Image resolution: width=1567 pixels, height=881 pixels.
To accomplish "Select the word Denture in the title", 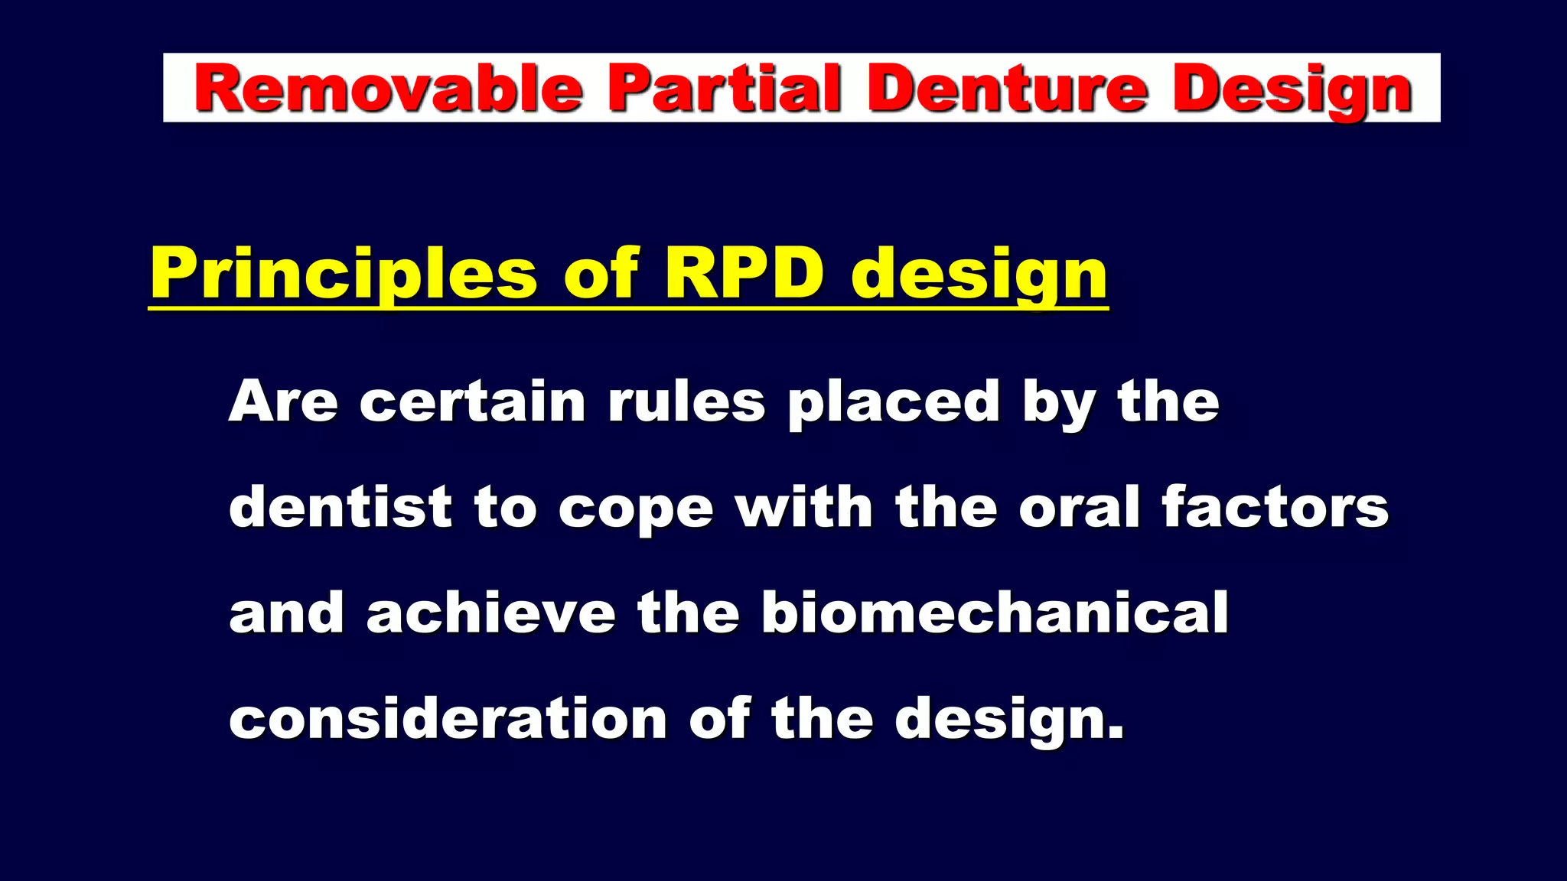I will [1007, 89].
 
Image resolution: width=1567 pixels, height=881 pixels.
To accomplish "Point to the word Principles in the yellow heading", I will [344, 275].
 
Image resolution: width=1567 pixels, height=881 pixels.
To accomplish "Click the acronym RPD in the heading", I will [744, 273].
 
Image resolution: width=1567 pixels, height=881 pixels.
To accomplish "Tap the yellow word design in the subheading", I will [979, 275].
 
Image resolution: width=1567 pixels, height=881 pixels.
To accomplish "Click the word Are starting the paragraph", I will [283, 401].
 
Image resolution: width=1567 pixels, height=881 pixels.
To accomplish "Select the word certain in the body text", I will [473, 401].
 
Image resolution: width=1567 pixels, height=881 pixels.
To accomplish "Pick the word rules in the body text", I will [686, 401].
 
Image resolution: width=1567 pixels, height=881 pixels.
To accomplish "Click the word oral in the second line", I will [1080, 507].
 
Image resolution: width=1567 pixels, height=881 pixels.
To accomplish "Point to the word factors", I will [1275, 507].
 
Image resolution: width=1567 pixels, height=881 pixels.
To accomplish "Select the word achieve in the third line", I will [491, 613].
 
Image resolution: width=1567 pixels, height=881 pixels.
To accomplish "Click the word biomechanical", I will [995, 613].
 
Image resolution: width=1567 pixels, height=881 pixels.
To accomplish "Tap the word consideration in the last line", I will [448, 719].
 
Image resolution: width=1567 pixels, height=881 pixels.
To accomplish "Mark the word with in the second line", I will [803, 507].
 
